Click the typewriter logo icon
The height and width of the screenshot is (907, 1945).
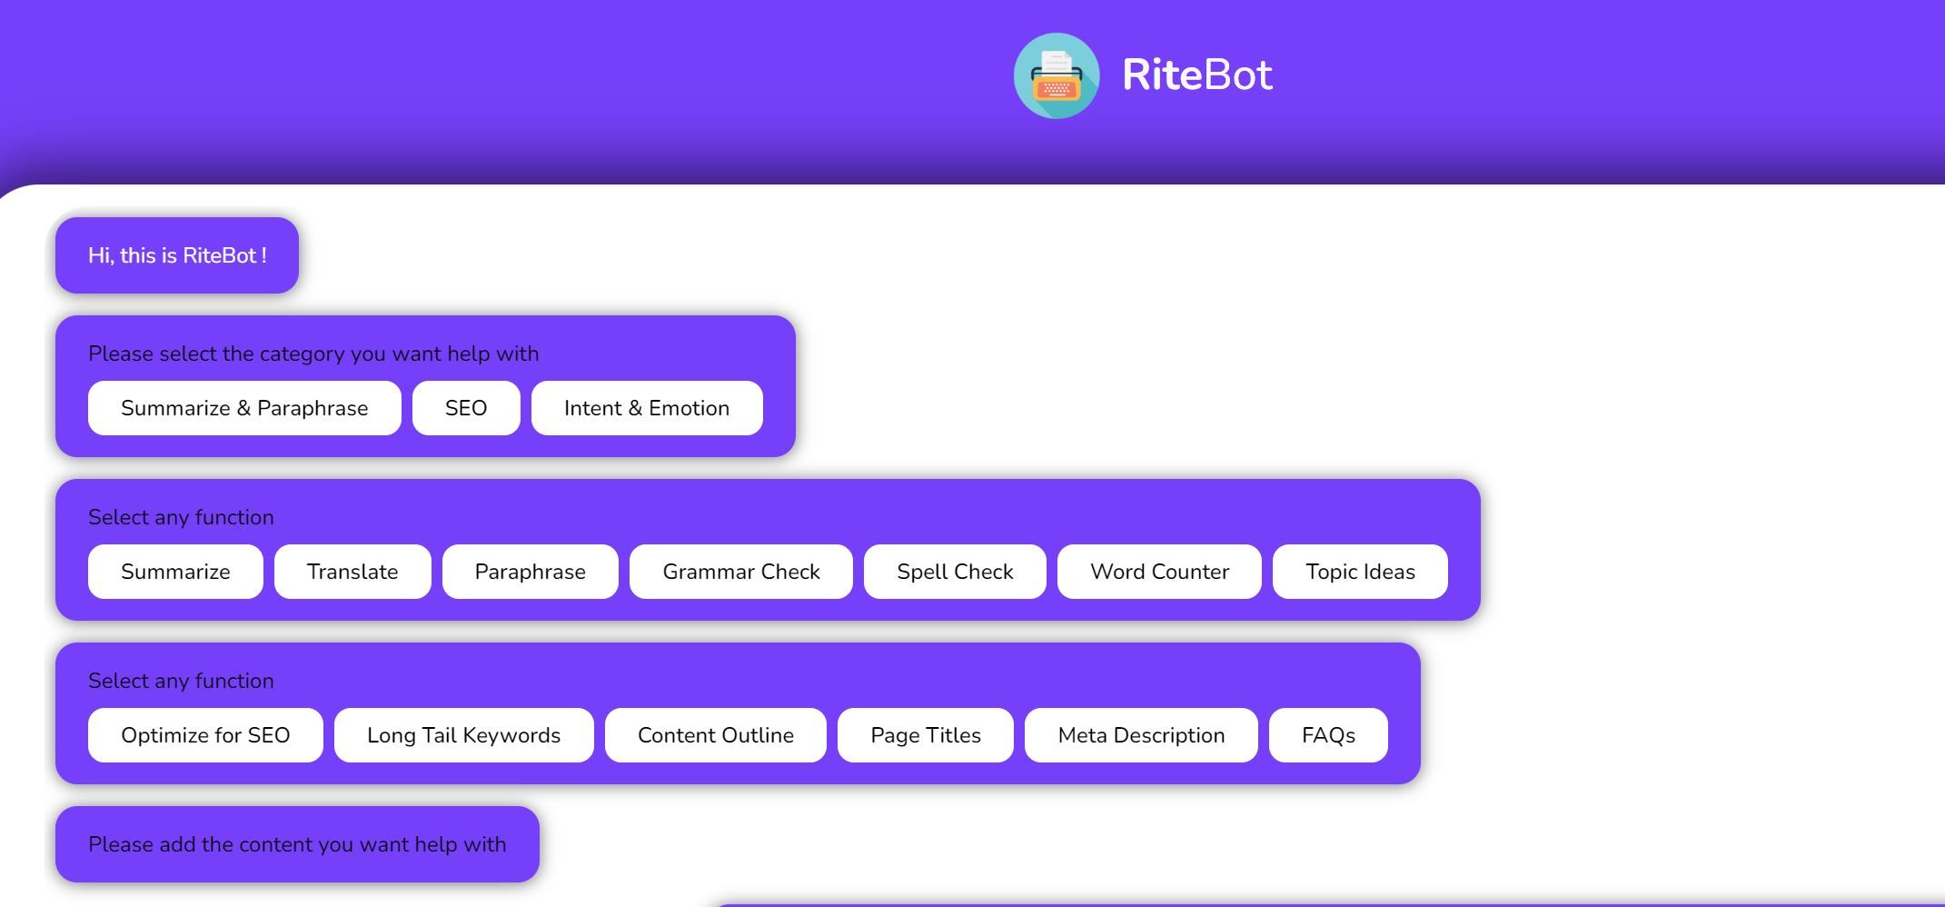click(1057, 76)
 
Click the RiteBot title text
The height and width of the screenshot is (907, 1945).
click(1197, 75)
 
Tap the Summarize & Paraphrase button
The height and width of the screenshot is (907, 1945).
click(244, 408)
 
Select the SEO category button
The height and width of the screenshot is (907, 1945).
click(466, 408)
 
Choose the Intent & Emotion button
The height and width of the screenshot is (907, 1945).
click(647, 408)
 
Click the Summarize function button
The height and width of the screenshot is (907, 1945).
click(175, 572)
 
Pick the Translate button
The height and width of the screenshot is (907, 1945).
click(352, 572)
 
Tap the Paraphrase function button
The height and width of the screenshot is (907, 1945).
click(531, 572)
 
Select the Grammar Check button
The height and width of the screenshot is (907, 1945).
click(741, 572)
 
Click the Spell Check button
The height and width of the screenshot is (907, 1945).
click(955, 572)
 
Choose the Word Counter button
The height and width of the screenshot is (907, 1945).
click(1159, 572)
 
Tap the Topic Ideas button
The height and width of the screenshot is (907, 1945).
click(1360, 572)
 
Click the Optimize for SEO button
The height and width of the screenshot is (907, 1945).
click(205, 735)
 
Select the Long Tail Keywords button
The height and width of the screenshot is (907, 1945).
click(463, 735)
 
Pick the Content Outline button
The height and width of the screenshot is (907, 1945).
click(716, 735)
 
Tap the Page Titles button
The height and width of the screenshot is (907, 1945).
click(926, 735)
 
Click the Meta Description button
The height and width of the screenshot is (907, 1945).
click(1141, 735)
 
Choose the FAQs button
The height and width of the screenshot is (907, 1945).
click(1328, 735)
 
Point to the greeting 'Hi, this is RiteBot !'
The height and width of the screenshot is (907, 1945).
click(177, 255)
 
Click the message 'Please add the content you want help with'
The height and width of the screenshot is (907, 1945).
click(297, 844)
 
